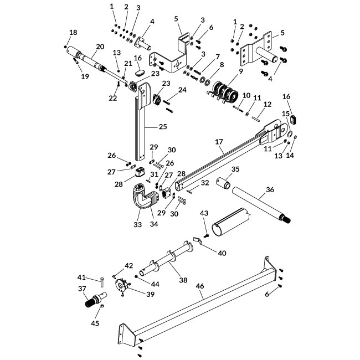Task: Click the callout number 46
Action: pyautogui.click(x=200, y=286)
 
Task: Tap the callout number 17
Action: pyautogui.click(x=219, y=142)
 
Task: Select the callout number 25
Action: pyautogui.click(x=163, y=126)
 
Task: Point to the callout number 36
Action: pyautogui.click(x=270, y=189)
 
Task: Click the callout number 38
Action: pyautogui.click(x=183, y=280)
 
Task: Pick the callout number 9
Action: pyautogui.click(x=240, y=71)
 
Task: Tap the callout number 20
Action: pyautogui.click(x=100, y=47)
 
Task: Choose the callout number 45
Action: pyautogui.click(x=95, y=323)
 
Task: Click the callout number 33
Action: pyautogui.click(x=138, y=224)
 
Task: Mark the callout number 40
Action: pyautogui.click(x=222, y=253)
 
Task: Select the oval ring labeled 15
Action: pyautogui.click(x=290, y=134)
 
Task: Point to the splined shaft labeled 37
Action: pyautogui.click(x=96, y=300)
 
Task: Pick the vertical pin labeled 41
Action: pyautogui.click(x=102, y=282)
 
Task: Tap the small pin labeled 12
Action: pyautogui.click(x=255, y=119)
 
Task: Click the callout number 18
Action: pyautogui.click(x=73, y=32)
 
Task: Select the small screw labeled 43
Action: pyautogui.click(x=206, y=235)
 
